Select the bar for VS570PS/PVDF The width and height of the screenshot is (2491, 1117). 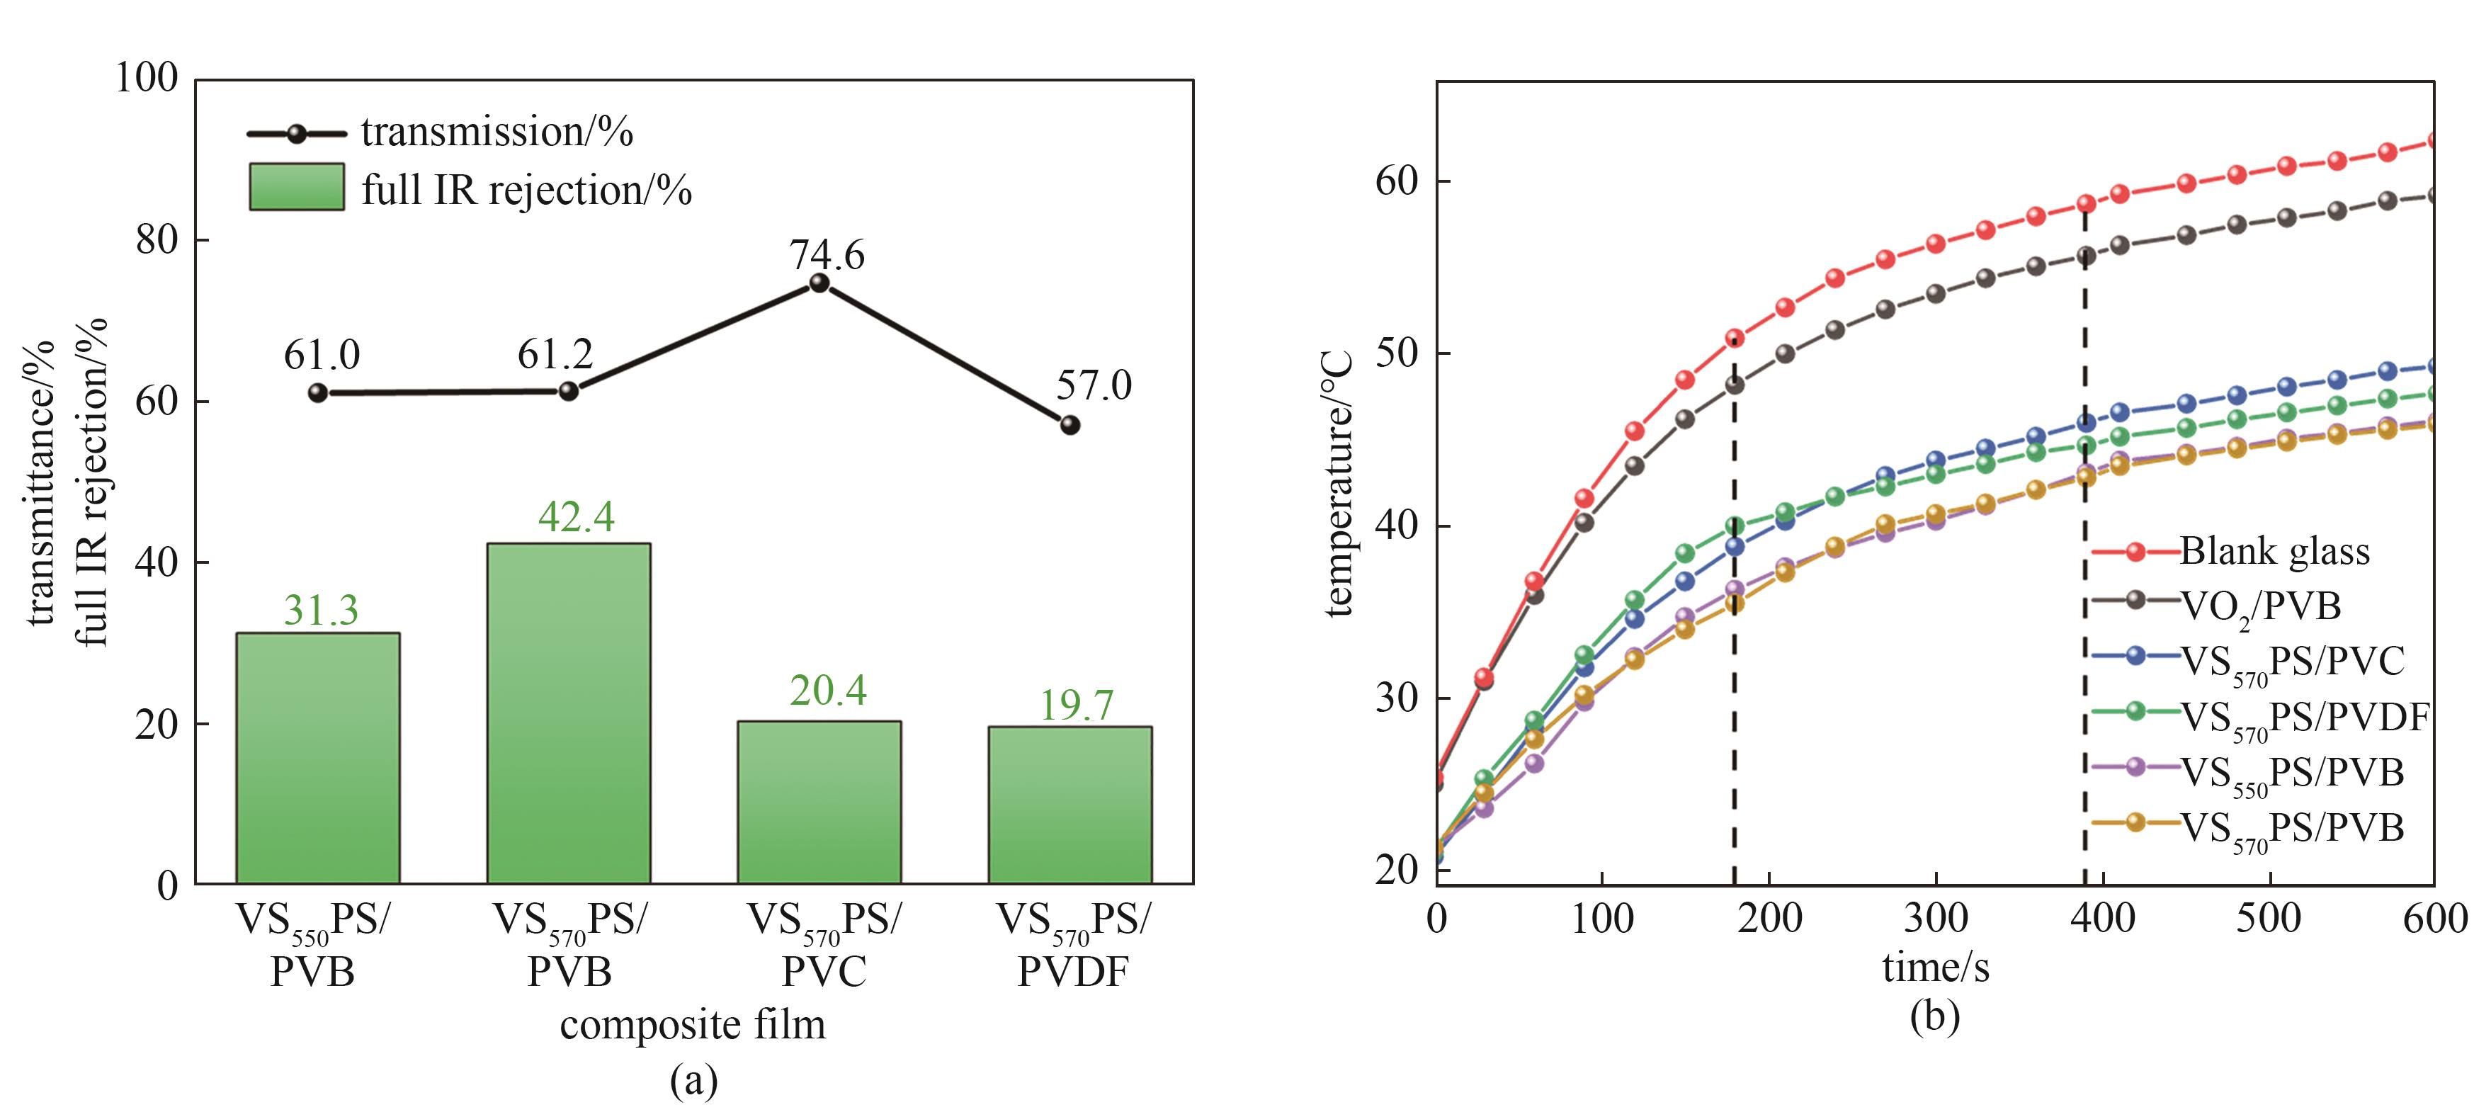(x=1069, y=805)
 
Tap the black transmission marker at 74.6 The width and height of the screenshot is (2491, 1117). (x=819, y=283)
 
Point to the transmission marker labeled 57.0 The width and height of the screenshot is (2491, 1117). (x=1069, y=424)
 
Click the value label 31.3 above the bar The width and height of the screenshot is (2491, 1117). (x=321, y=611)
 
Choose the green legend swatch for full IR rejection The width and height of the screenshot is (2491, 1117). (x=296, y=187)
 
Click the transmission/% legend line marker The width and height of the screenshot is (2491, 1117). (x=296, y=133)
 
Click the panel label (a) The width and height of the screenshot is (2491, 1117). (x=693, y=1080)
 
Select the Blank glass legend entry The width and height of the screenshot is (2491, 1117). (x=2274, y=551)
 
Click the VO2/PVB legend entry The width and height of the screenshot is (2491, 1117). (x=2259, y=606)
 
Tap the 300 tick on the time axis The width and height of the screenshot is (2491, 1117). (x=1935, y=917)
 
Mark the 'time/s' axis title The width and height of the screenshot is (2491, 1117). (x=1935, y=967)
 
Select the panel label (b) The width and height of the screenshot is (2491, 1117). (x=1935, y=1016)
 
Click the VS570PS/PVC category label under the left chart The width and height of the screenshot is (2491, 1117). (x=823, y=945)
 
